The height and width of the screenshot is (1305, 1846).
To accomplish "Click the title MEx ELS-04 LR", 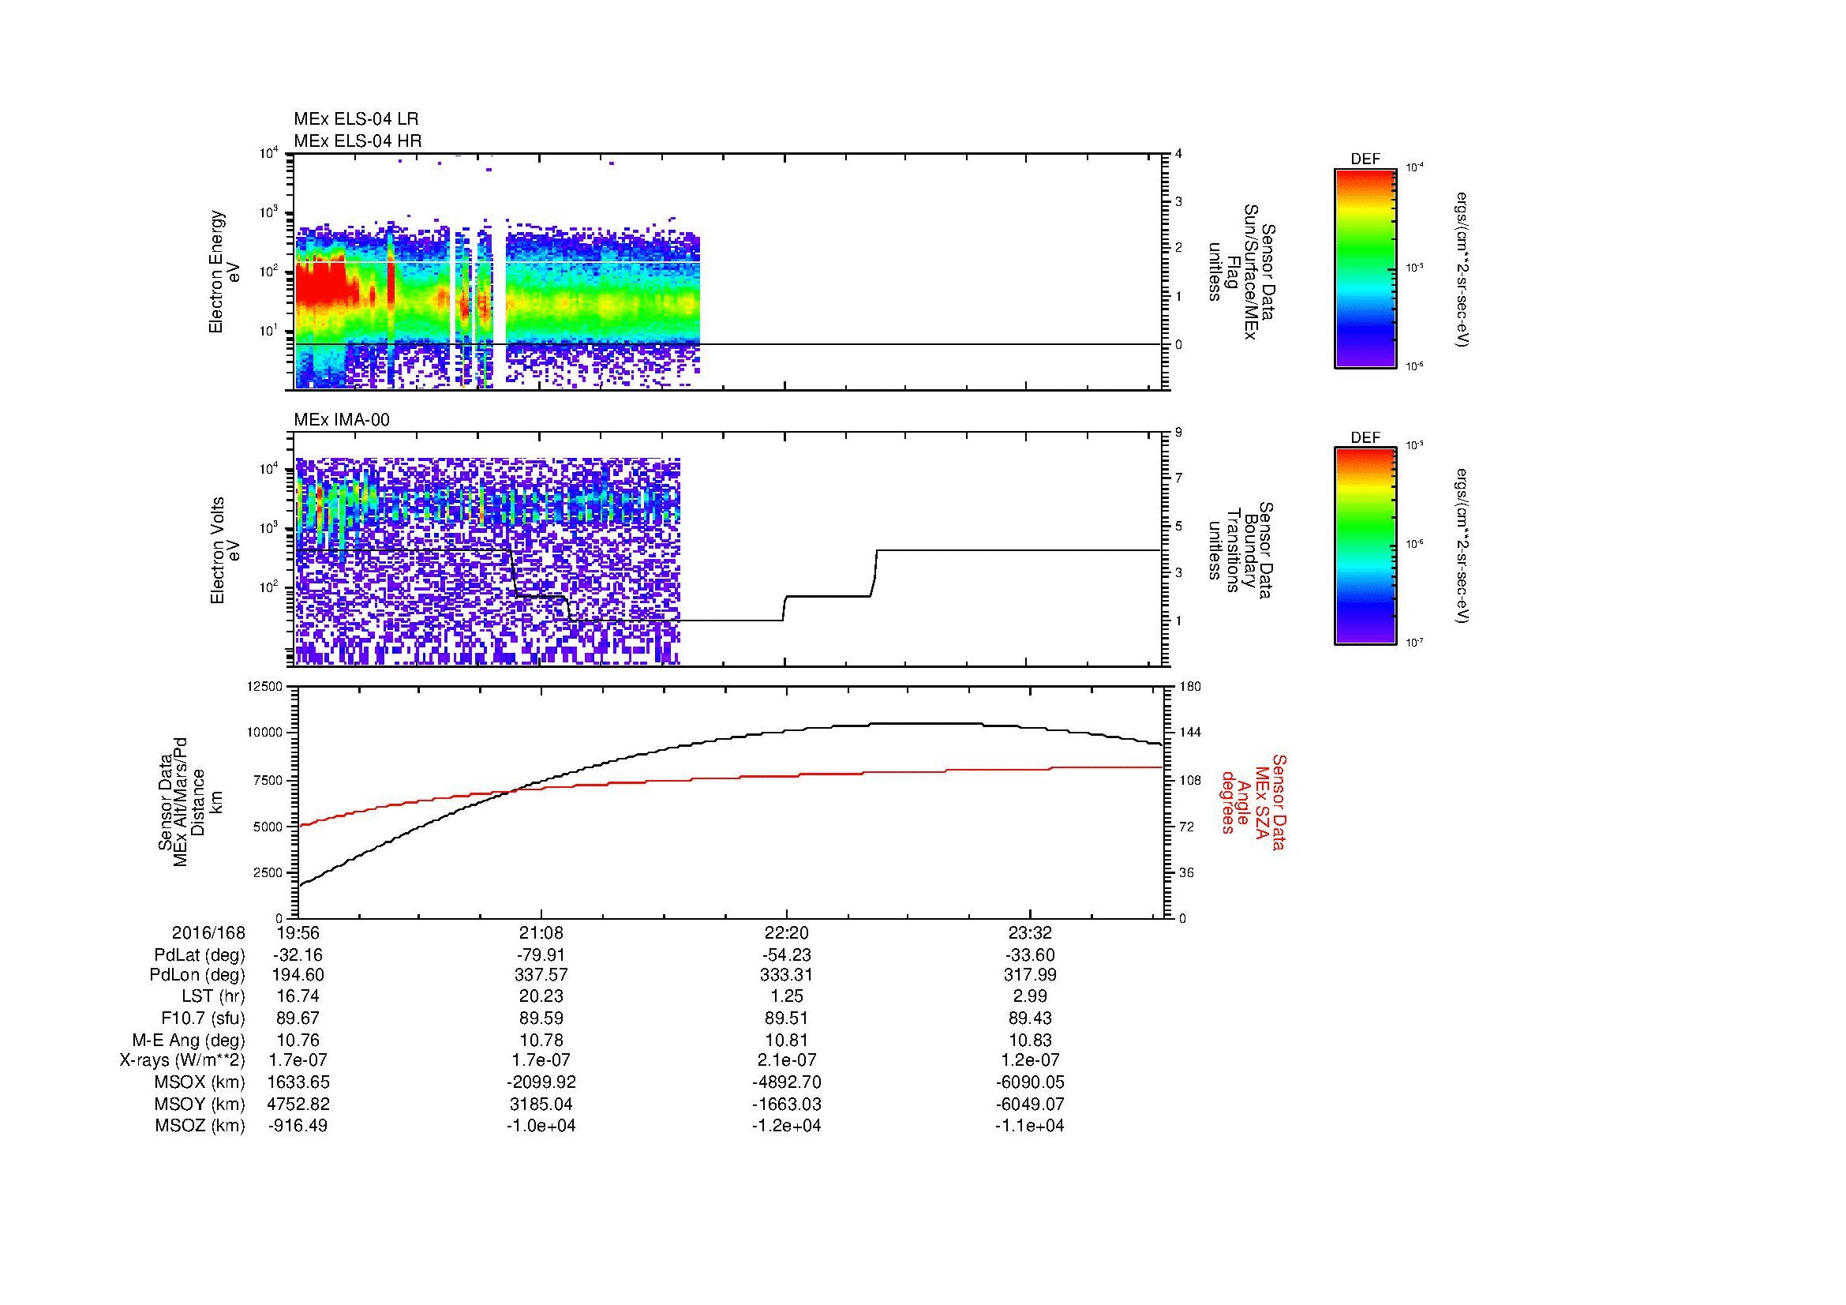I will click(355, 119).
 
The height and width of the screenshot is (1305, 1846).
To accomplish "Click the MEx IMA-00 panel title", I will click(342, 420).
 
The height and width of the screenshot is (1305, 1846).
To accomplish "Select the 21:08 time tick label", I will click(541, 933).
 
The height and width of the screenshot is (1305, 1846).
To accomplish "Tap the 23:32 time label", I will click(1029, 933).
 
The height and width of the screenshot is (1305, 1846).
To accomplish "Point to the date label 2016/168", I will click(208, 933).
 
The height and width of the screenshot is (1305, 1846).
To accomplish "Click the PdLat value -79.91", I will click(541, 955).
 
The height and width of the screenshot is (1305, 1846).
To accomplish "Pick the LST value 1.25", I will click(786, 996).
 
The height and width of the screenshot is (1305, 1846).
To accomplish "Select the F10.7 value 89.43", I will click(1029, 1018).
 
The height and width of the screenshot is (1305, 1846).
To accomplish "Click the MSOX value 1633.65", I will click(298, 1082).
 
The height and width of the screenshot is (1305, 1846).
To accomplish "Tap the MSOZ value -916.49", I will click(298, 1126).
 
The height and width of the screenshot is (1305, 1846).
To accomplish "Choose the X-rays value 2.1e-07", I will click(786, 1060).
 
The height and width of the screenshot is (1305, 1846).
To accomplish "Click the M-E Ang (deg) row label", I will click(188, 1040).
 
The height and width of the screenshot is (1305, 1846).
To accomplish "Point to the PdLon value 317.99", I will click(1029, 975).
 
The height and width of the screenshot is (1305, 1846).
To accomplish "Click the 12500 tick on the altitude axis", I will click(266, 687).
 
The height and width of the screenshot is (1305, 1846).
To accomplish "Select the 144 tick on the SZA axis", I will click(1190, 733).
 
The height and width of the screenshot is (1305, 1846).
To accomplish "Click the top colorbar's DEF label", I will click(1365, 159).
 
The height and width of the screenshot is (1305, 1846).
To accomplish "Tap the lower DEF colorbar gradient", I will click(1365, 546).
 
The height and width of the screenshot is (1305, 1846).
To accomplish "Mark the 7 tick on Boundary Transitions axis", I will click(1178, 478).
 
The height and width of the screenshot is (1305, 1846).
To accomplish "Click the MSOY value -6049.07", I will click(1029, 1104).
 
